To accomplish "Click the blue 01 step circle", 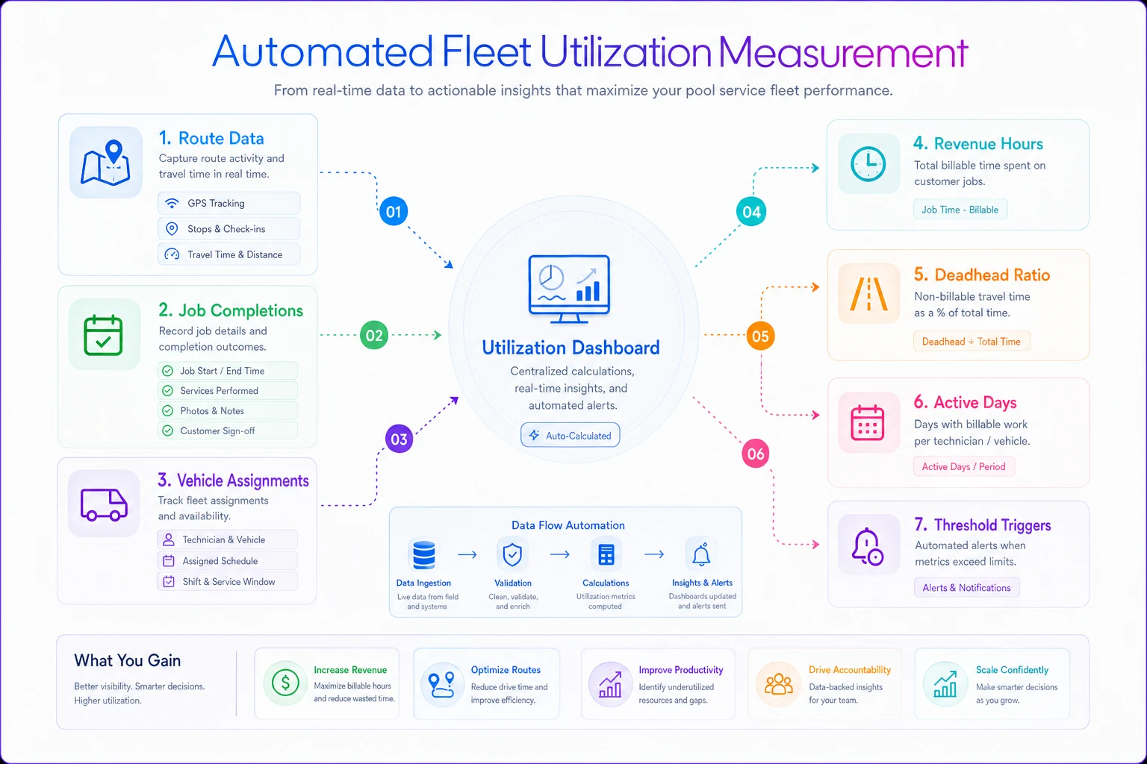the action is pyautogui.click(x=394, y=211).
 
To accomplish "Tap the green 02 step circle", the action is pyautogui.click(x=374, y=335).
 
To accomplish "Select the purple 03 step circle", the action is pyautogui.click(x=399, y=439).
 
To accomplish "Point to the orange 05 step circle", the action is pyautogui.click(x=760, y=336).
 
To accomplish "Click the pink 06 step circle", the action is pyautogui.click(x=756, y=454).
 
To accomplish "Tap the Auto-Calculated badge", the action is pyautogui.click(x=570, y=436).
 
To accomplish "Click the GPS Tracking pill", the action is pyautogui.click(x=229, y=203).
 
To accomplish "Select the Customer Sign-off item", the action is pyautogui.click(x=228, y=431).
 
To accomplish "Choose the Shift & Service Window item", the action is pyautogui.click(x=227, y=582).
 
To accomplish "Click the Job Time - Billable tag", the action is pyautogui.click(x=960, y=210).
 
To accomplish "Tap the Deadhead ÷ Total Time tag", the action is pyautogui.click(x=972, y=341).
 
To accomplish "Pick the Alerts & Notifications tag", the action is pyautogui.click(x=967, y=587).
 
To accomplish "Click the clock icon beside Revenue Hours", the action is pyautogui.click(x=868, y=163).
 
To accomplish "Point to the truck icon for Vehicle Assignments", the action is pyautogui.click(x=104, y=504).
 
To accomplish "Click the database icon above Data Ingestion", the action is pyautogui.click(x=424, y=554).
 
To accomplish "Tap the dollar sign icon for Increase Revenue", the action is pyautogui.click(x=285, y=683).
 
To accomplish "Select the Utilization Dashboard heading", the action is pyautogui.click(x=571, y=348).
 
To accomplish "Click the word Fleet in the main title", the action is pyautogui.click(x=486, y=51).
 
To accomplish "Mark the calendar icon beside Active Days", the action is pyautogui.click(x=868, y=423).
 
